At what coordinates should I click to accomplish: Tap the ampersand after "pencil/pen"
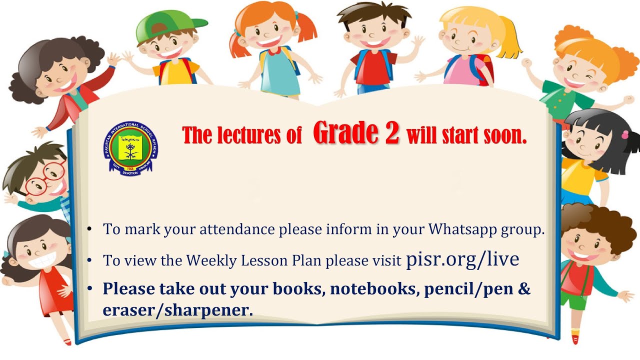pyautogui.click(x=524, y=289)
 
